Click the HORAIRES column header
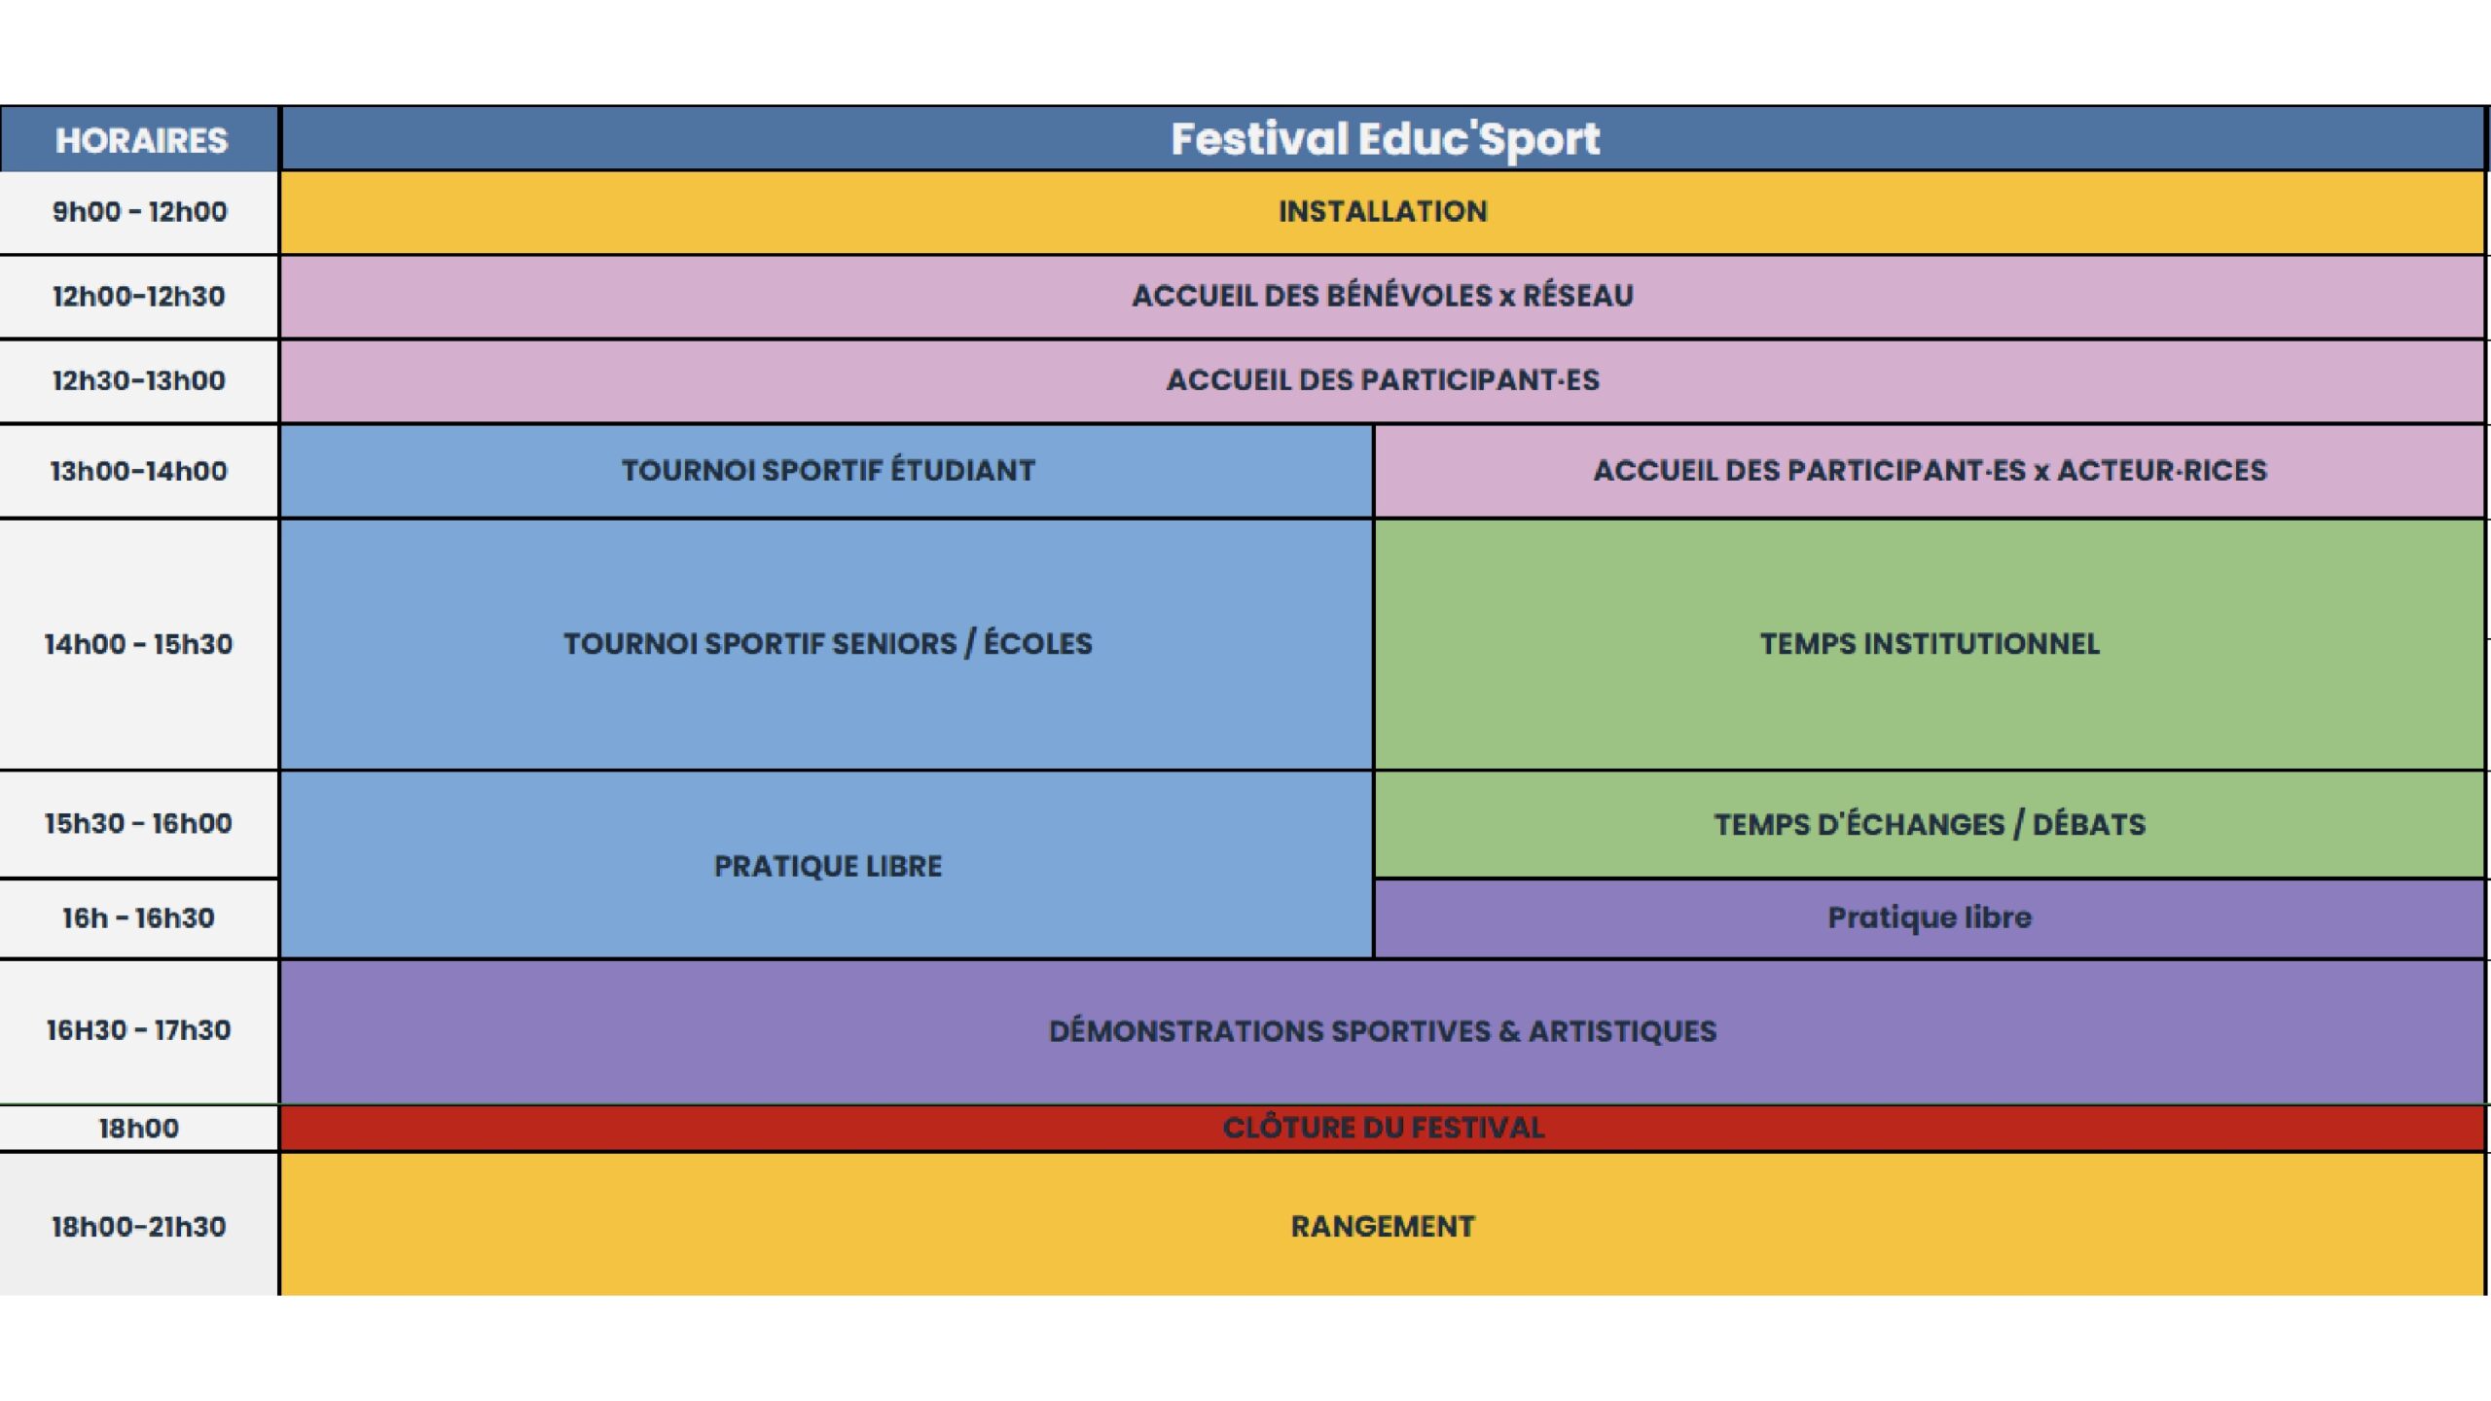[x=141, y=141]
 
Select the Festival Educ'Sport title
[x=1385, y=139]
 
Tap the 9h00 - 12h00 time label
[x=139, y=212]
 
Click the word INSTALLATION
[x=1383, y=212]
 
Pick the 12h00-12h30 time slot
[x=139, y=296]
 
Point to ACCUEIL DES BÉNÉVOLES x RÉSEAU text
[x=1383, y=296]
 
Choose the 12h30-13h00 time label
[x=139, y=380]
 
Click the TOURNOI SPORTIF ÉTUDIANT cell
[x=828, y=471]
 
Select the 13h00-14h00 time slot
[x=139, y=471]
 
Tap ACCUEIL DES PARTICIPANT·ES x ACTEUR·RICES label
[x=1930, y=471]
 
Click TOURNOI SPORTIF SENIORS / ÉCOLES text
[x=828, y=644]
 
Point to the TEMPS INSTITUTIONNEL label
[x=1930, y=644]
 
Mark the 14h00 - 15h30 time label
[x=139, y=644]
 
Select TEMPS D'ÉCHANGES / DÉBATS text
[x=1930, y=825]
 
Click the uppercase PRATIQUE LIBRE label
[x=828, y=867]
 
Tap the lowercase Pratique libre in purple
[x=1930, y=917]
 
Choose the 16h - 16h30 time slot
[x=139, y=917]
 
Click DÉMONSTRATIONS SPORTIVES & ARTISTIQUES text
[x=1383, y=1031]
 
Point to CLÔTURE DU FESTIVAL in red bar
[x=1383, y=1128]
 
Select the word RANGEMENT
[x=1383, y=1227]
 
